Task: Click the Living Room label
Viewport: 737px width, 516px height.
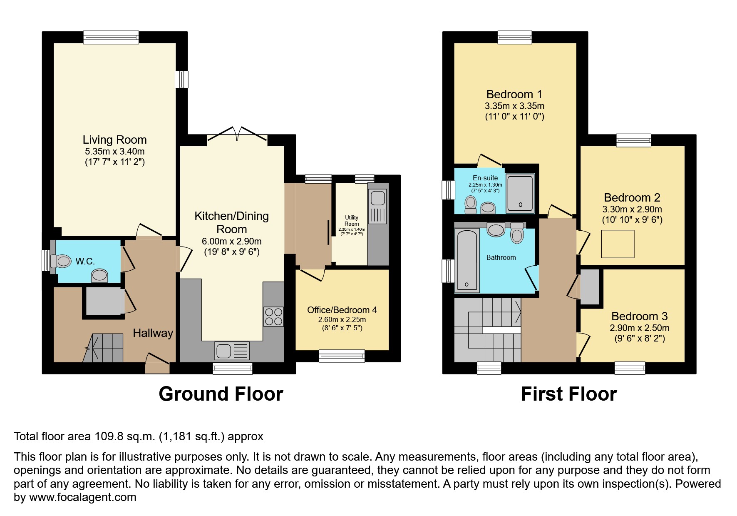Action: (x=114, y=140)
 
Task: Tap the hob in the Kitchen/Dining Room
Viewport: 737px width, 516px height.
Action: (x=273, y=317)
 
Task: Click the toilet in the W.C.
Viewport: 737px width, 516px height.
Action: (x=61, y=262)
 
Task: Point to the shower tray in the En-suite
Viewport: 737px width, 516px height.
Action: (x=520, y=194)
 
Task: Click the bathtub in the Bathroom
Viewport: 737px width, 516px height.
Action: (x=467, y=260)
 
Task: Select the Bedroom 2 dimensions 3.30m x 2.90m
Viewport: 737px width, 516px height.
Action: (x=632, y=209)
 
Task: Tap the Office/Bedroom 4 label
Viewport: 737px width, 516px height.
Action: (x=342, y=310)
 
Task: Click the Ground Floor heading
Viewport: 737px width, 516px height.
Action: (x=221, y=394)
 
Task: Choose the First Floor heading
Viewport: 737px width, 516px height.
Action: (x=568, y=394)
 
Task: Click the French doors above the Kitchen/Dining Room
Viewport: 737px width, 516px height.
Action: (x=237, y=134)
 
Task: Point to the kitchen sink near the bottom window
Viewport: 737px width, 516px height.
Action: (x=232, y=351)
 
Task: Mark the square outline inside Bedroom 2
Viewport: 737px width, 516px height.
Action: (x=618, y=244)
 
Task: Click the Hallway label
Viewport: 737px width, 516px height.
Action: (x=153, y=333)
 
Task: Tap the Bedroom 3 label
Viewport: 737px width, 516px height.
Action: (x=639, y=317)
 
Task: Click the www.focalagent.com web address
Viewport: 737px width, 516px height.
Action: (x=82, y=497)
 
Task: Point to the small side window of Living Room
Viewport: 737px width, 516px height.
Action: (x=181, y=79)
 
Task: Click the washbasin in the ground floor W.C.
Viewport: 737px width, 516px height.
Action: (x=99, y=276)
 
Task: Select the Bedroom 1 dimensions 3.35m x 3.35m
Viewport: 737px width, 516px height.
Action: (x=514, y=106)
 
